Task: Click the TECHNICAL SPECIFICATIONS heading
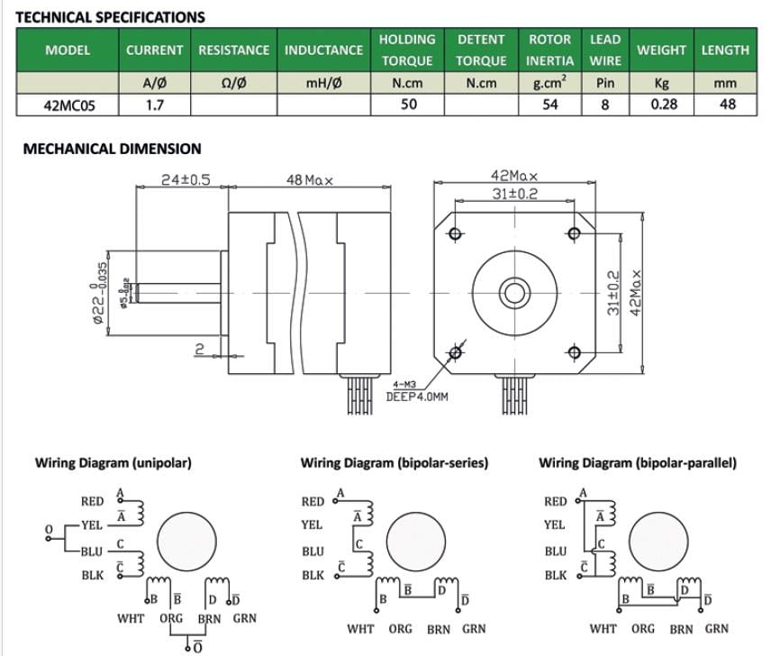click(x=111, y=16)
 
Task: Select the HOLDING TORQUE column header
click(x=407, y=50)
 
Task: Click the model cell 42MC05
click(x=68, y=105)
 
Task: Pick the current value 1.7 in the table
click(x=154, y=105)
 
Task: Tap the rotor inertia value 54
click(x=549, y=105)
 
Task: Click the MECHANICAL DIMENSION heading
click(x=112, y=149)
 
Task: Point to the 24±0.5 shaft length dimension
click(x=185, y=179)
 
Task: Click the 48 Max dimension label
click(x=310, y=180)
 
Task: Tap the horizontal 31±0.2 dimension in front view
click(x=515, y=193)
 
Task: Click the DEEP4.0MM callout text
click(x=417, y=396)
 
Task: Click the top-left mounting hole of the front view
click(x=455, y=234)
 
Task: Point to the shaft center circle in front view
click(x=514, y=293)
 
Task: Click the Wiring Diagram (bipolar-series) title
click(x=394, y=463)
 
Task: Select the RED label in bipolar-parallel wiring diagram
click(x=556, y=502)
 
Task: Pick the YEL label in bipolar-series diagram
click(x=313, y=524)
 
